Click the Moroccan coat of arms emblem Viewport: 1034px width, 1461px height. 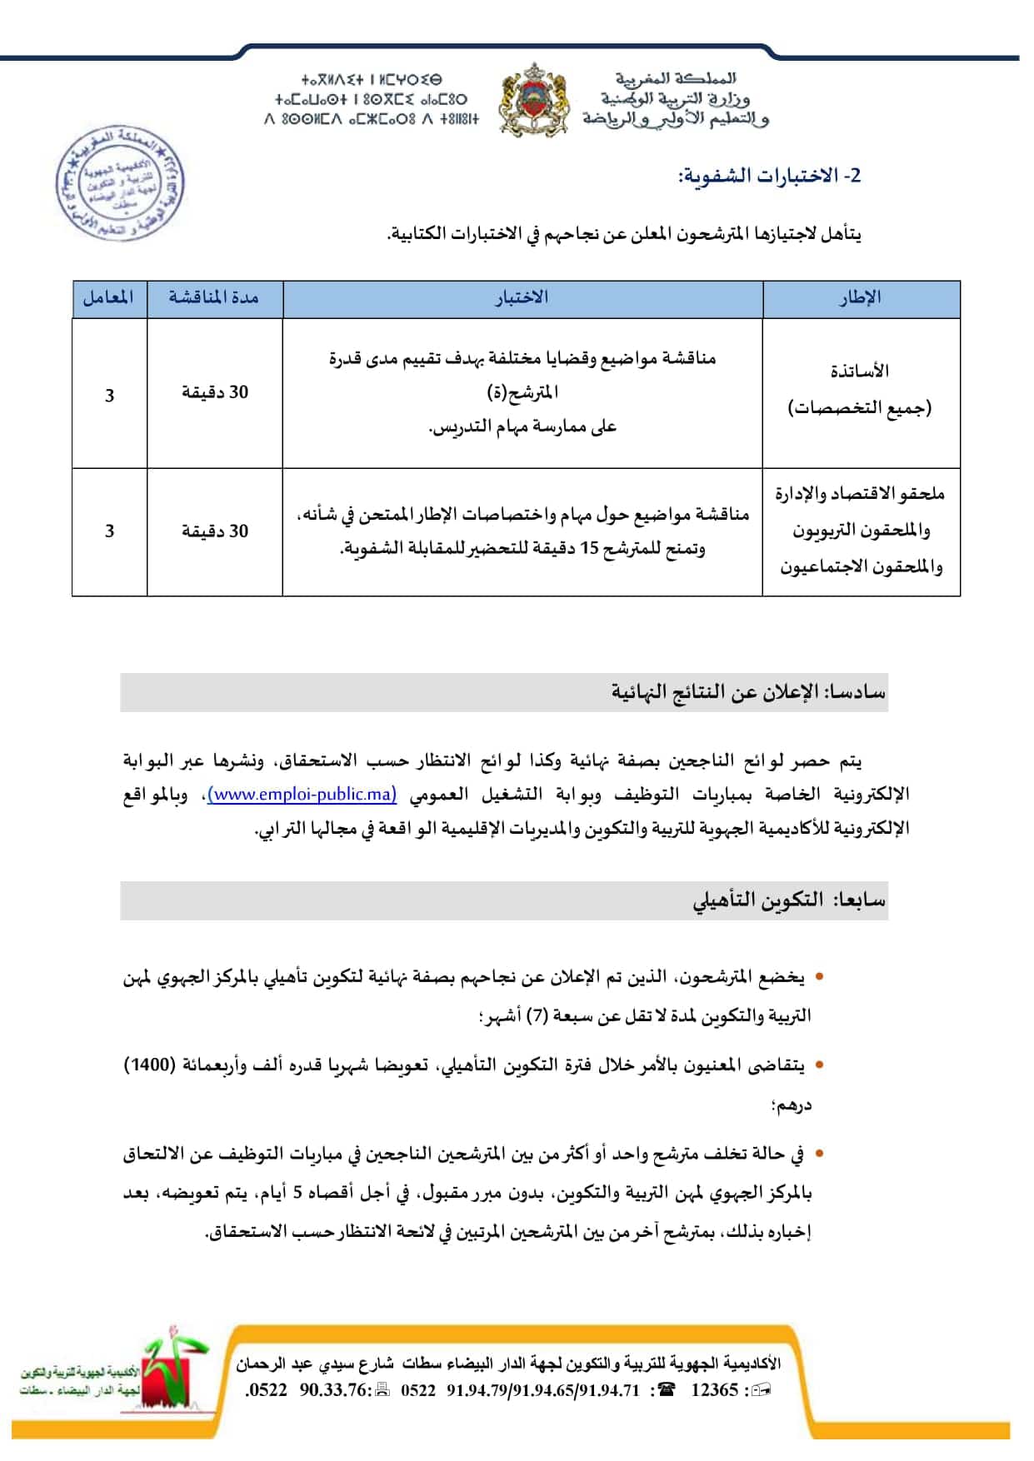click(533, 99)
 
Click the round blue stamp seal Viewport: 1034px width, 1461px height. click(119, 182)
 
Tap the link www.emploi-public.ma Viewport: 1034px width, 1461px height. click(302, 794)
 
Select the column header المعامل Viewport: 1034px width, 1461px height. click(109, 297)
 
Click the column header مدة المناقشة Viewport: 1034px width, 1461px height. click(214, 297)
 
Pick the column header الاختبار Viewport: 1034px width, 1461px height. click(522, 297)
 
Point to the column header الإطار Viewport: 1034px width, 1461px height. click(861, 297)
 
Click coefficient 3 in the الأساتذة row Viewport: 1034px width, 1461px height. click(109, 395)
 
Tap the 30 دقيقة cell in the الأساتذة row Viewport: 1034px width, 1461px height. click(215, 392)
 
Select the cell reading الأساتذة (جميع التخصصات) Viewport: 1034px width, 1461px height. click(861, 389)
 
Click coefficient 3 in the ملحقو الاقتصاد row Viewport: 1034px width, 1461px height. click(109, 531)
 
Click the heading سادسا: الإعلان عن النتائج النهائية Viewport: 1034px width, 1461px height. click(747, 692)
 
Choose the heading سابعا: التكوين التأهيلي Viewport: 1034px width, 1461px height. click(789, 900)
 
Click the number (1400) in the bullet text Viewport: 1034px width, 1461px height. click(150, 1065)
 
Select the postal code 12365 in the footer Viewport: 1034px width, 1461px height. click(715, 1389)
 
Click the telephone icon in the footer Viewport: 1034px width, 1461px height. click(666, 1389)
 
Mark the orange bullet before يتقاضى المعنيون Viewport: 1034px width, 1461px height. click(820, 1065)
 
